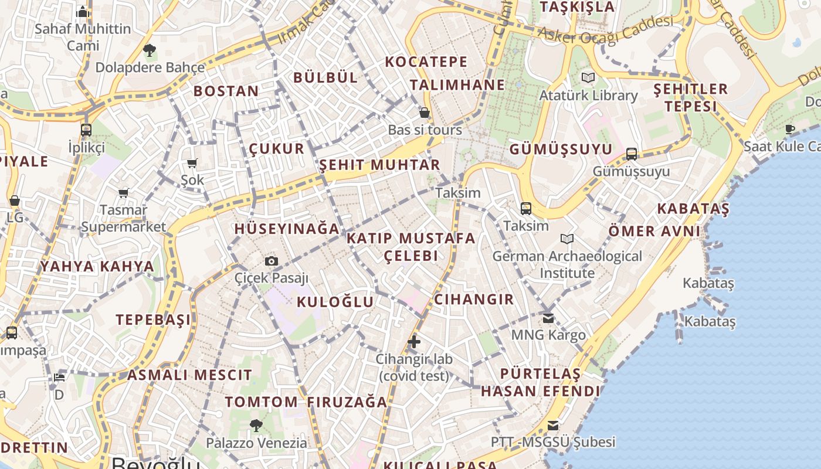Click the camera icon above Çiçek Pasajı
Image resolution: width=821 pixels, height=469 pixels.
(271, 261)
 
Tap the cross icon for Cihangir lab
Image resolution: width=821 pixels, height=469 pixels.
(414, 341)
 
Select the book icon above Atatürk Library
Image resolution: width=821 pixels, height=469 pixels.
(588, 77)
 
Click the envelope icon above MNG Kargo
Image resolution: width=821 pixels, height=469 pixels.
(548, 318)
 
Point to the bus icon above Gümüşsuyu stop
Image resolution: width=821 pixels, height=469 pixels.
(631, 154)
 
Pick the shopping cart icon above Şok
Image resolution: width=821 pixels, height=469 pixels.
(192, 163)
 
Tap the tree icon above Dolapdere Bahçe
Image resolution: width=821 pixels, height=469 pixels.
(150, 50)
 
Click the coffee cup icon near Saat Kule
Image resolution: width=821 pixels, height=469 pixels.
(790, 128)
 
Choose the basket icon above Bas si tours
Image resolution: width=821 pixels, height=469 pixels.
(425, 113)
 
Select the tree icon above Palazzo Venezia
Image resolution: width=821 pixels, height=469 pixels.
(256, 425)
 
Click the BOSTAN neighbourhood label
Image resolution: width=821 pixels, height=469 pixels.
(226, 91)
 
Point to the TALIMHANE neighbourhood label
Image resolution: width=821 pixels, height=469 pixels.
(457, 84)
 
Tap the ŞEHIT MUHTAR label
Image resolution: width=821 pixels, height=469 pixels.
(379, 165)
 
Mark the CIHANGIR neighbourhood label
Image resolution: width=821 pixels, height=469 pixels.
(474, 299)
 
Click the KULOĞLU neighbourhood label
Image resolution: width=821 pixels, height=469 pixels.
(335, 302)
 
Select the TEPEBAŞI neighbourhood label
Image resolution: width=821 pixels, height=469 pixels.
(153, 320)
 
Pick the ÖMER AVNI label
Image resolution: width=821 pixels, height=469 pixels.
(654, 230)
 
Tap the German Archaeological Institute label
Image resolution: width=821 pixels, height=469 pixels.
(567, 264)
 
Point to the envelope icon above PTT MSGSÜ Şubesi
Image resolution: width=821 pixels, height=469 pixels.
(553, 426)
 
